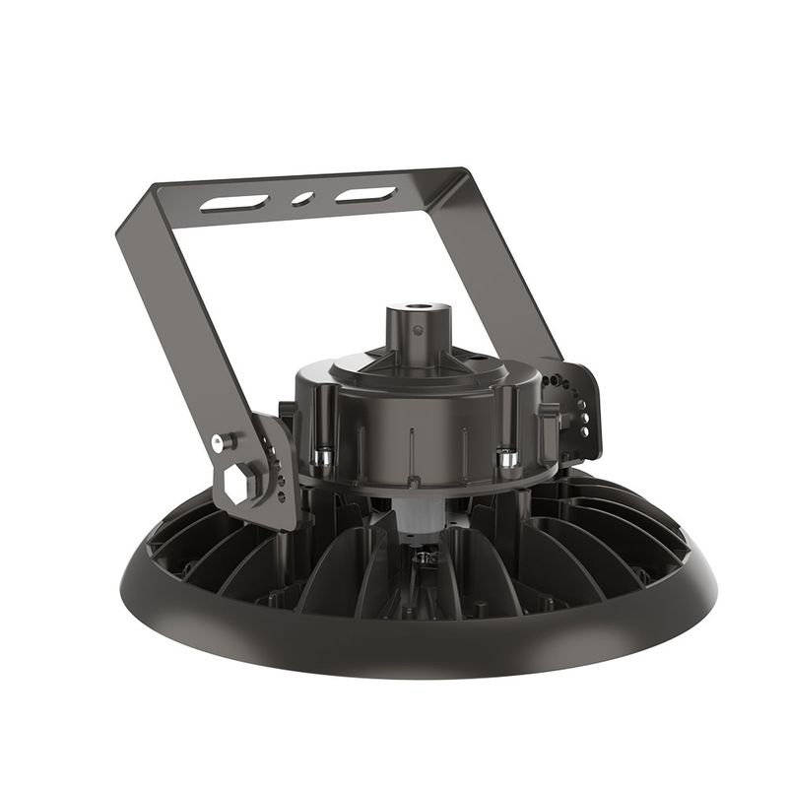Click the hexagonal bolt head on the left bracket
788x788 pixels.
tap(239, 482)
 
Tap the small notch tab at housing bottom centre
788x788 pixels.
tap(415, 483)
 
